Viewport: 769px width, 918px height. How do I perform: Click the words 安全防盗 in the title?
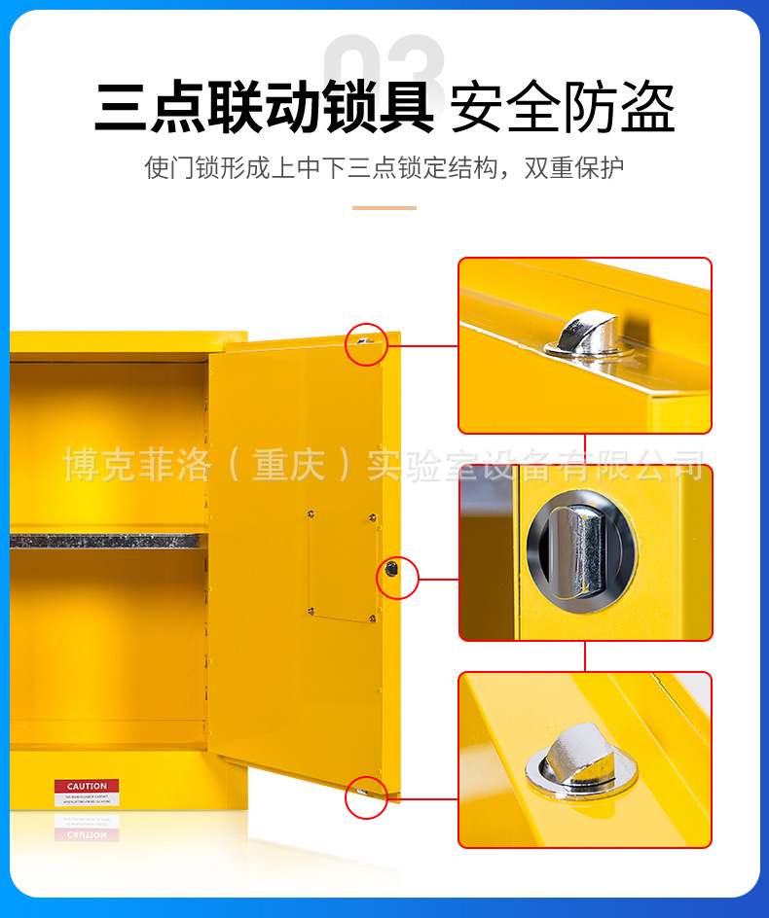pyautogui.click(x=563, y=108)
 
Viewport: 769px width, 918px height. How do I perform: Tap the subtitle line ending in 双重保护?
pyautogui.click(x=384, y=167)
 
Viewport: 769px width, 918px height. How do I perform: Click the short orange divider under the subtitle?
pyautogui.click(x=384, y=207)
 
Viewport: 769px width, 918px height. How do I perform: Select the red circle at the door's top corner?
pyautogui.click(x=367, y=344)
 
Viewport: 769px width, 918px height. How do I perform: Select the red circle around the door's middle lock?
pyautogui.click(x=396, y=579)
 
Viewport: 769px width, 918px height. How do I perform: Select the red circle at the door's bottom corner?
pyautogui.click(x=367, y=797)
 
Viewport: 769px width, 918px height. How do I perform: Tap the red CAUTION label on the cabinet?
pyautogui.click(x=87, y=786)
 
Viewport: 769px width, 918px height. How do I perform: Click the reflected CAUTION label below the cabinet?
pyautogui.click(x=87, y=833)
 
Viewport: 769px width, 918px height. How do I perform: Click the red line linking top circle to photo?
pyautogui.click(x=422, y=345)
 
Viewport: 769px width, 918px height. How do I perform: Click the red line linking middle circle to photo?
pyautogui.click(x=438, y=580)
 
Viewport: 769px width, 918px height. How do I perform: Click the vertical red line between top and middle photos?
pyautogui.click(x=585, y=448)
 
